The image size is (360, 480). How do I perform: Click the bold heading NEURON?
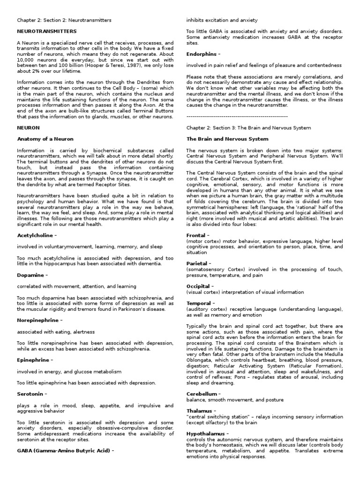click(28, 127)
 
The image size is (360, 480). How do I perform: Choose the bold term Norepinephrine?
click(38, 320)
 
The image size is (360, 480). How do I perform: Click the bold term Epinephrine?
click(33, 360)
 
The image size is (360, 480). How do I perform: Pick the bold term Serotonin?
click(31, 394)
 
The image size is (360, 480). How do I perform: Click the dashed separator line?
click(237, 116)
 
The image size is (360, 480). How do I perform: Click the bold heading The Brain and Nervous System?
click(227, 139)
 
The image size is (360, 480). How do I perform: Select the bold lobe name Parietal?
click(198, 263)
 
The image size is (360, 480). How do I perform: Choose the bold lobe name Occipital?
click(200, 286)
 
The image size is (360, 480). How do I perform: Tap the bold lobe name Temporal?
click(200, 303)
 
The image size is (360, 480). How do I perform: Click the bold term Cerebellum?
click(203, 394)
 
